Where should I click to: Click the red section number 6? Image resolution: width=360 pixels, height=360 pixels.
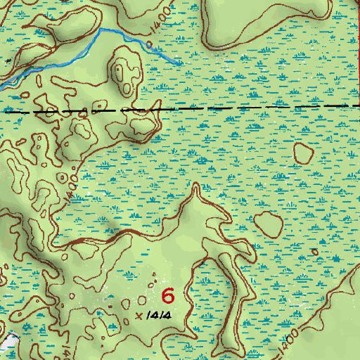[x=168, y=295]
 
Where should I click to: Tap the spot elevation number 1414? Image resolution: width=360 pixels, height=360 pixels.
[x=160, y=316]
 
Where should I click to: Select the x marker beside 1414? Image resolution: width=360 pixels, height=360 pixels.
[x=139, y=315]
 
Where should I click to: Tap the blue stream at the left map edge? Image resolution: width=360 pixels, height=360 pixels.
[x=2, y=86]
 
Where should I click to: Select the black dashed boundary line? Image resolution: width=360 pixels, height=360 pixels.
[x=211, y=108]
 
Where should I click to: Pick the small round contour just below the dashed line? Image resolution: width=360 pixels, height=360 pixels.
[x=304, y=151]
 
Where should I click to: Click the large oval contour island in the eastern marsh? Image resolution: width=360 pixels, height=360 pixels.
[x=268, y=224]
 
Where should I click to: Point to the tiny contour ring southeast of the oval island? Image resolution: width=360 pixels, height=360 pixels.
[x=314, y=251]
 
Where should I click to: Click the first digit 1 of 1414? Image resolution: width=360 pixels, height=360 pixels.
[x=150, y=316]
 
